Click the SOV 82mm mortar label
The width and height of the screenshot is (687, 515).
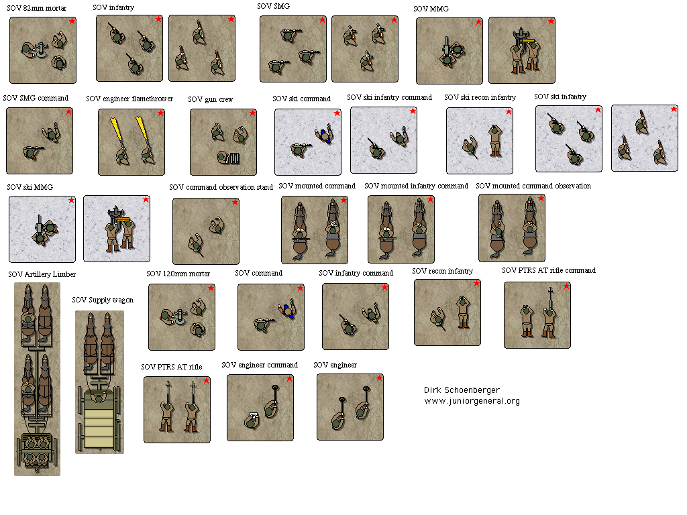pos(37,8)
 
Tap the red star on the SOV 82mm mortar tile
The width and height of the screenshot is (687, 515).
pos(72,21)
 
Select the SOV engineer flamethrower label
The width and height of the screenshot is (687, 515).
pos(129,99)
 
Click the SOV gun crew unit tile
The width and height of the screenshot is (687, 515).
pos(223,141)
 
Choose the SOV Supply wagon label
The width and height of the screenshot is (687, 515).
pos(103,300)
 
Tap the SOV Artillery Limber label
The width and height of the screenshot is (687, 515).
pos(42,274)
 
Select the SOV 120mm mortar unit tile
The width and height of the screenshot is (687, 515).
pos(181,317)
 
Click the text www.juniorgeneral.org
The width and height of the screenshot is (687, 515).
pos(472,401)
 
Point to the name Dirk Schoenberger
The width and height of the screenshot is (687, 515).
pos(462,390)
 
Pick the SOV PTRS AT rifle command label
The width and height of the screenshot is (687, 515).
pos(548,270)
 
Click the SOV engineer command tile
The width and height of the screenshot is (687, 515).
pos(260,407)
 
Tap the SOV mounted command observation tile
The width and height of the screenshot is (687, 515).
pos(511,228)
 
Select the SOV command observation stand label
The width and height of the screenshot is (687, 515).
pos(221,187)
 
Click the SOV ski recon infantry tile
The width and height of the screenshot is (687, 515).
pos(479,141)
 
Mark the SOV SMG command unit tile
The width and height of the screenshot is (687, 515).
pos(39,141)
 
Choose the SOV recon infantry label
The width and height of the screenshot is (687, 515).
pos(442,271)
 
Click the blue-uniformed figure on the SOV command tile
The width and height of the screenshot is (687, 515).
pos(288,311)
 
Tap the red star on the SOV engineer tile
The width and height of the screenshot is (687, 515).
pos(379,378)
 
